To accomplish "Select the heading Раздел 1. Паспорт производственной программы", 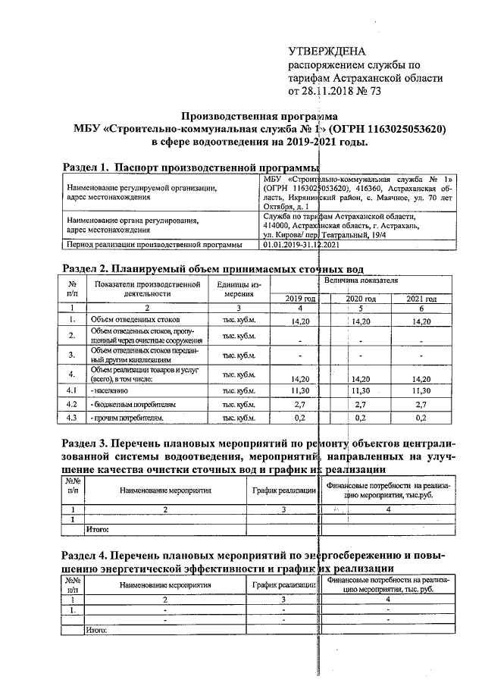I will pos(189,166).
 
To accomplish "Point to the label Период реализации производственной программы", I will pos(154,245).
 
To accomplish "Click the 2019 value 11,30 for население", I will pos(300,390).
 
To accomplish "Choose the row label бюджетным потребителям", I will pos(133,404).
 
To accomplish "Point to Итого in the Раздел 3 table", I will pos(99,528).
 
